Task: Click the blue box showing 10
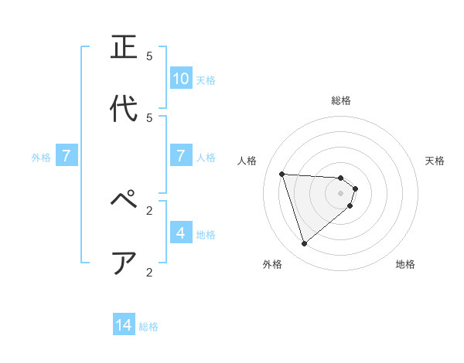[x=181, y=79]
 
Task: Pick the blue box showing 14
[x=124, y=326]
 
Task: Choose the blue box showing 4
[x=181, y=233]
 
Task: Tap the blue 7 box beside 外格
[x=67, y=157]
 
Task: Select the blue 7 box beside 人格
[x=181, y=157]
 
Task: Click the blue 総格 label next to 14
[x=148, y=327]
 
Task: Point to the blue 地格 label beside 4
[x=206, y=234]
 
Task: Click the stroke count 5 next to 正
[x=149, y=56]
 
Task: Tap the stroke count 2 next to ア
[x=149, y=272]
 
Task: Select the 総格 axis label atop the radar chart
[x=341, y=100]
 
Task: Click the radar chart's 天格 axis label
[x=435, y=161]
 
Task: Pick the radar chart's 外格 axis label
[x=272, y=264]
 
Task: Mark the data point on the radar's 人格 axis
[x=282, y=174]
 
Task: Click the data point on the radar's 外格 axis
[x=304, y=244]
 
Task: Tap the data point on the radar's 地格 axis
[x=350, y=205]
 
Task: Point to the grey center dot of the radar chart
[x=341, y=193]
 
